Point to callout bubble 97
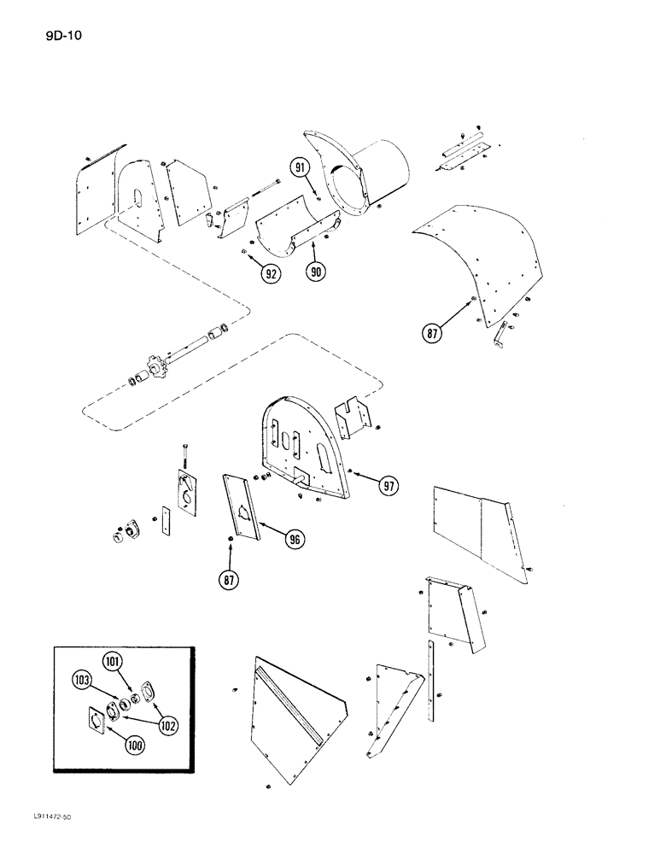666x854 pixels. [390, 486]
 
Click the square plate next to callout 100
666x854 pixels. [100, 722]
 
